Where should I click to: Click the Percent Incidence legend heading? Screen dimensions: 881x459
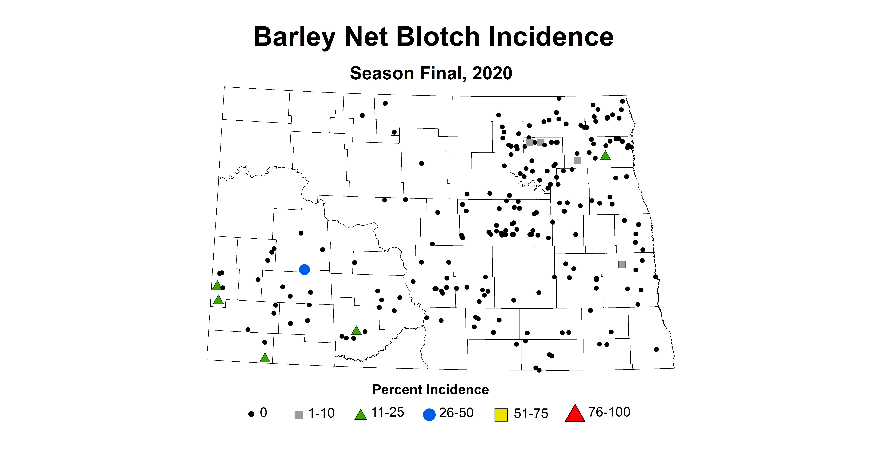click(x=431, y=390)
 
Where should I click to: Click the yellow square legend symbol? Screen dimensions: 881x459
click(x=501, y=415)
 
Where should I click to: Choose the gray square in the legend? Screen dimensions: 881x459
click(x=299, y=415)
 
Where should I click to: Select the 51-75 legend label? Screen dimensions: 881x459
click(x=531, y=414)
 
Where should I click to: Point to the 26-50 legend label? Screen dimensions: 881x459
click(x=456, y=413)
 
